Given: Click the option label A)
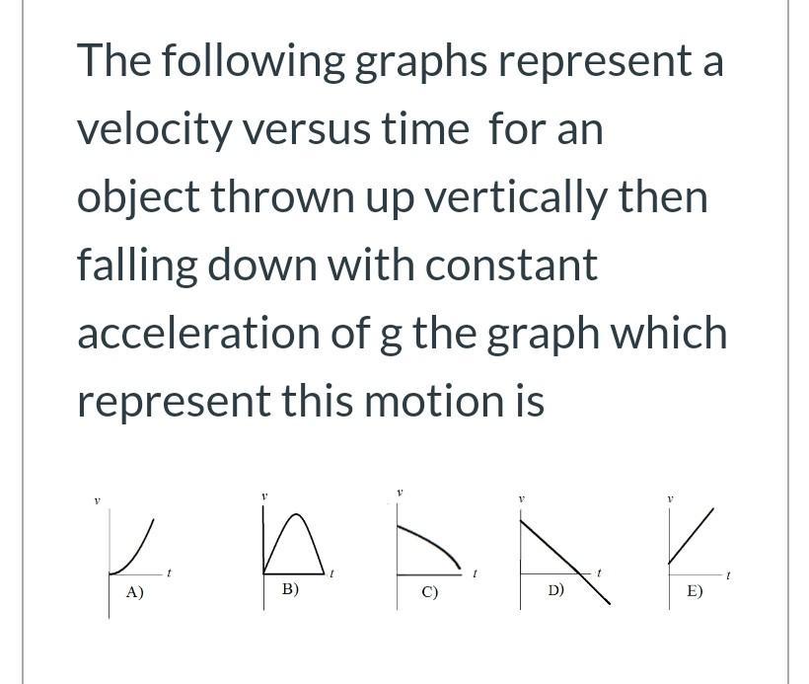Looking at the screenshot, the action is (x=134, y=592).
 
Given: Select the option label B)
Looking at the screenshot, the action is (x=290, y=589).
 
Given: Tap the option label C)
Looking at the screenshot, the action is (x=429, y=593).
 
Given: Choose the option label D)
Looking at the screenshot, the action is (x=556, y=591).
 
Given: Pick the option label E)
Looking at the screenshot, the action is (x=695, y=591).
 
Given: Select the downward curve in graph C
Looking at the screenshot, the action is (x=434, y=538).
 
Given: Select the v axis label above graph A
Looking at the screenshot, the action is (x=97, y=501).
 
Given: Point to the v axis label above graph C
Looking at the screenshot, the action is (x=400, y=491).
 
